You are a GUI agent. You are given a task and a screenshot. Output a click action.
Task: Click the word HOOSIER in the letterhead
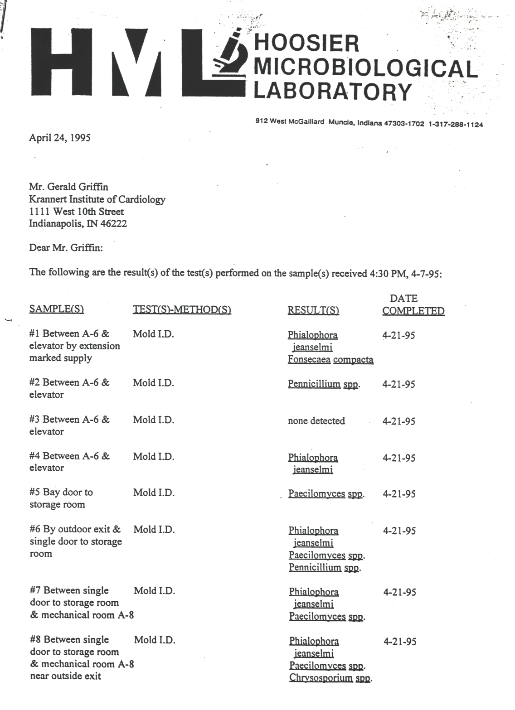306,43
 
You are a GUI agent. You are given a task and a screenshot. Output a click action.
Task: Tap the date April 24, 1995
59,138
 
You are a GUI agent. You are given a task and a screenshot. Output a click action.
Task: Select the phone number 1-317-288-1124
455,125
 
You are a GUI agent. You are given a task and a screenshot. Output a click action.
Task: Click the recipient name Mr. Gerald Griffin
68,187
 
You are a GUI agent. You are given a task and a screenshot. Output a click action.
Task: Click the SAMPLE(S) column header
57,309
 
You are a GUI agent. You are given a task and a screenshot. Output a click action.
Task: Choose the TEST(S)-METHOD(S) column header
182,309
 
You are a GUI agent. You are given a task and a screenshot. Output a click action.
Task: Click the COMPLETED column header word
413,311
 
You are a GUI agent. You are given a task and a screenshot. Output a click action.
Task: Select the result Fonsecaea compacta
330,360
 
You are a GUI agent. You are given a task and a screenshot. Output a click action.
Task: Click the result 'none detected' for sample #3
316,420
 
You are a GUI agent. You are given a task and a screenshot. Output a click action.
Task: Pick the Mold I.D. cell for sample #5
154,493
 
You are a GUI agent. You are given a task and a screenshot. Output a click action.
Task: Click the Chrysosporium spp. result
330,678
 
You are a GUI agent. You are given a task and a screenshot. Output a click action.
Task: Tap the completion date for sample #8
400,641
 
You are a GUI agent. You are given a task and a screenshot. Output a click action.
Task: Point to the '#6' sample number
36,529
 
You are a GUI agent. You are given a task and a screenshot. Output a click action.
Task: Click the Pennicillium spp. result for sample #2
324,384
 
